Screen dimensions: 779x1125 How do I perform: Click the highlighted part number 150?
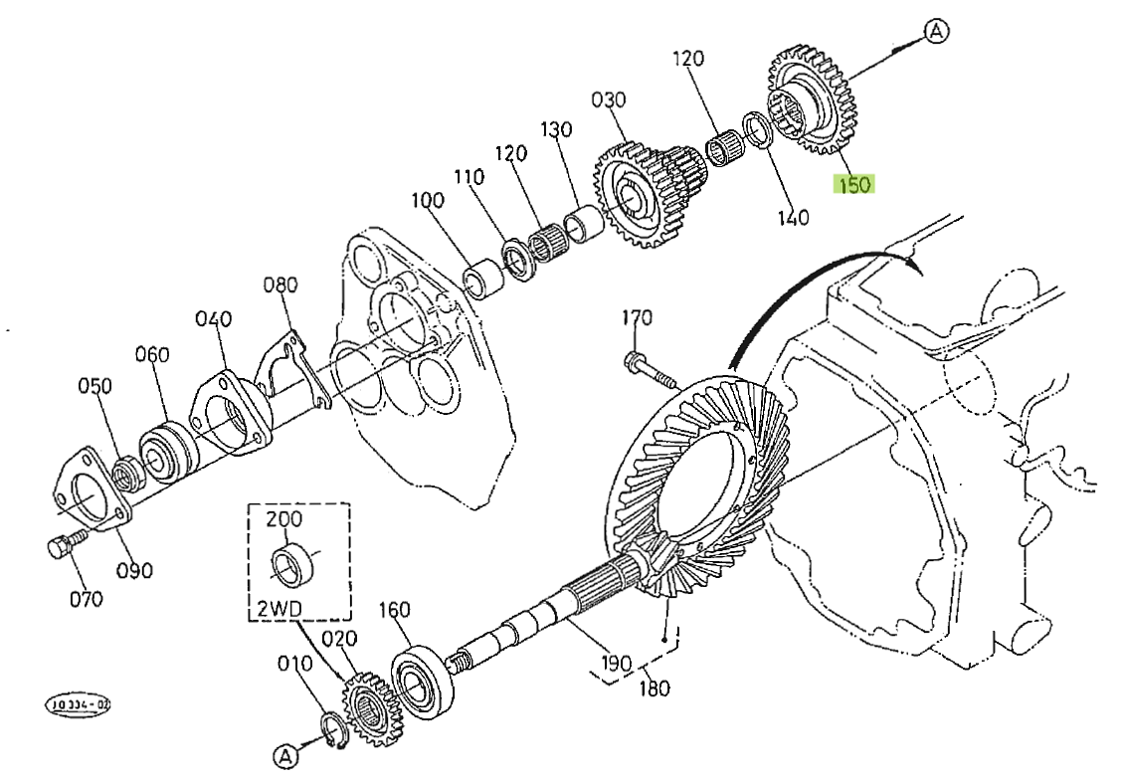point(854,184)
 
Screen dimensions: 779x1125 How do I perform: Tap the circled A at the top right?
point(936,32)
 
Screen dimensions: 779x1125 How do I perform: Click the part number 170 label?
point(637,318)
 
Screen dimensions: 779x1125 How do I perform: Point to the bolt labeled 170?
point(649,371)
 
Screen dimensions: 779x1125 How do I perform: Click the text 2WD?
point(273,604)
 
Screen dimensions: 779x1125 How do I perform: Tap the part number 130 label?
point(557,130)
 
